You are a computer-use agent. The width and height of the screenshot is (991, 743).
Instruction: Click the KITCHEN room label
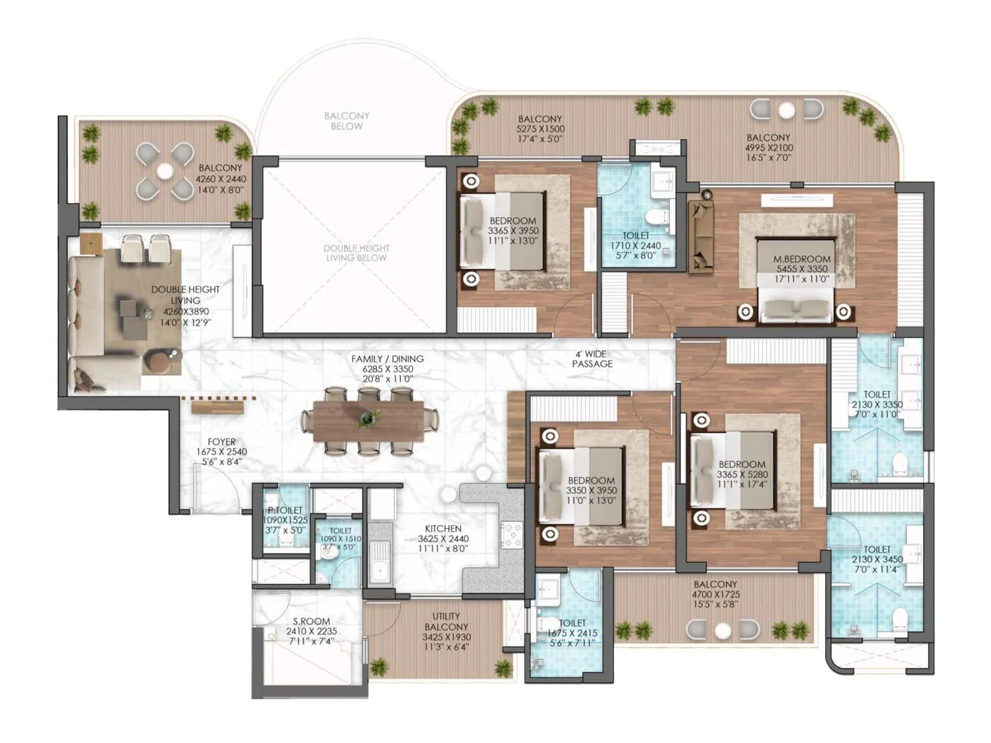point(443,528)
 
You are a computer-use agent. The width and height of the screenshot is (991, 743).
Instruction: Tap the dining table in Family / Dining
point(369,421)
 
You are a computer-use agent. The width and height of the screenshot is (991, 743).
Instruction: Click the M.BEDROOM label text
point(802,259)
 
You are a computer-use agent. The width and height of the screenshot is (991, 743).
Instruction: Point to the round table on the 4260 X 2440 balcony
point(165,170)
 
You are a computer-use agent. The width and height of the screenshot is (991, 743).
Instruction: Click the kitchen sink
point(380,560)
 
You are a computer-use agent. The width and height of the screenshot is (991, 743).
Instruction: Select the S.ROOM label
point(311,621)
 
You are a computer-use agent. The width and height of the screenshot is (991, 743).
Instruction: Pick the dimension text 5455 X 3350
point(802,269)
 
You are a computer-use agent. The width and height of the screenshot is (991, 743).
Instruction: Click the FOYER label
point(221,441)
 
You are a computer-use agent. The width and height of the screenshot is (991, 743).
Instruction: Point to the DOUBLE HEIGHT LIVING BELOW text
point(356,253)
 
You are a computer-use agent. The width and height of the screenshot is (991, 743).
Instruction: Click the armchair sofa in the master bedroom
point(701,235)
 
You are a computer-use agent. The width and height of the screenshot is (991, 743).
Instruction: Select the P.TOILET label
point(284,510)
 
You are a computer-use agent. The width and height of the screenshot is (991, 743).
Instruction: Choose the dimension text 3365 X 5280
point(742,474)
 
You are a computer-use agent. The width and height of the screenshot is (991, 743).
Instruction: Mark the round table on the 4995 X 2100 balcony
point(786,111)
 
